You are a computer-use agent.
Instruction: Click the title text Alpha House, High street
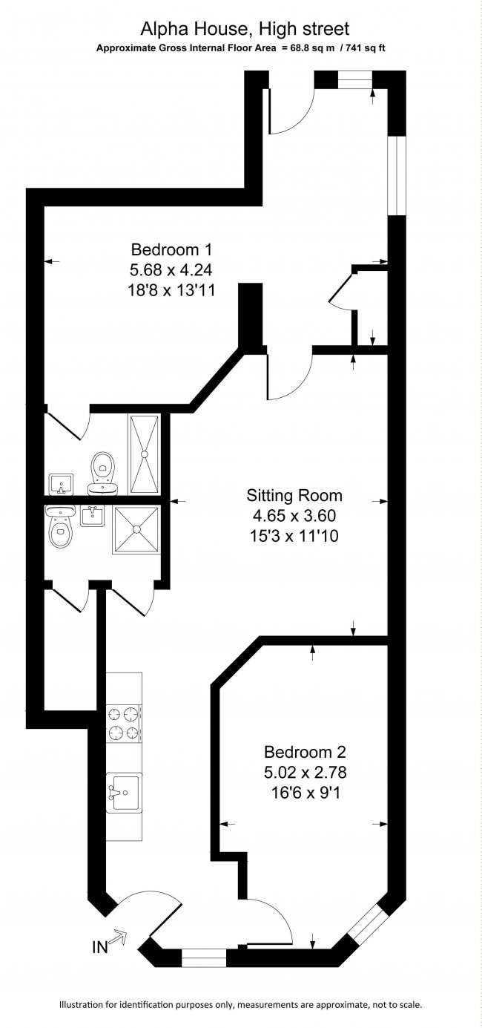tap(245, 29)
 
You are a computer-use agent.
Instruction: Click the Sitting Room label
tap(294, 495)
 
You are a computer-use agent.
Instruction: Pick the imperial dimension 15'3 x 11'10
tap(294, 535)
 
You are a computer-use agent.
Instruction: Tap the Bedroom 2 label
tap(305, 752)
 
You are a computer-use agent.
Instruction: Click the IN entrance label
tap(99, 947)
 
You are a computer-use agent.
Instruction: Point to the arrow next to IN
tap(119, 939)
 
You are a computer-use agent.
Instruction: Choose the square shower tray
tap(136, 529)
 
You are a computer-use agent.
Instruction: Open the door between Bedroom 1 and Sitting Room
tap(291, 376)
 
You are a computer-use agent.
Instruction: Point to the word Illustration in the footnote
tap(84, 1005)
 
